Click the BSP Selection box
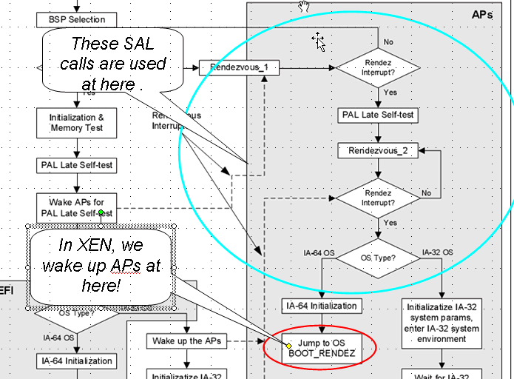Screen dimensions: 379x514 tap(76, 19)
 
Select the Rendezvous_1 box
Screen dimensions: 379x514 tap(231, 68)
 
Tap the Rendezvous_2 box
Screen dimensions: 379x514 tap(378, 151)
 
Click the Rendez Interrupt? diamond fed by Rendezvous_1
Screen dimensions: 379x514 tap(378, 68)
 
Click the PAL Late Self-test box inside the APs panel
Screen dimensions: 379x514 tap(378, 115)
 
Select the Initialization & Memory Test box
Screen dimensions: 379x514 tap(76, 123)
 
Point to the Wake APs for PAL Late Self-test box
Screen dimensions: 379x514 tap(76, 207)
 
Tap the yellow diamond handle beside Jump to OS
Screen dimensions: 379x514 tap(289, 346)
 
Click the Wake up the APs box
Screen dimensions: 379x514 tap(185, 341)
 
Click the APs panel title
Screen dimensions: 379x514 tap(485, 14)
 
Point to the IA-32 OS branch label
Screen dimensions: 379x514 tap(438, 252)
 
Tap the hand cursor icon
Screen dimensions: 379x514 tap(303, 7)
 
